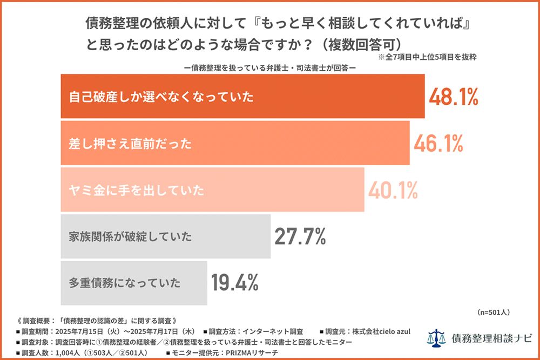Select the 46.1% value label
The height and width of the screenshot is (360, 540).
438,144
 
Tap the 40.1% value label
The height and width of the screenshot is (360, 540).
393,190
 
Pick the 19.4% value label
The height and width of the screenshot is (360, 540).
235,282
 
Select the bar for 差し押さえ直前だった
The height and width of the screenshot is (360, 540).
235,144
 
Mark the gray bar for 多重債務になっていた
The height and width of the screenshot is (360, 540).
133,282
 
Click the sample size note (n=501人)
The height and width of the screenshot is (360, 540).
494,312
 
